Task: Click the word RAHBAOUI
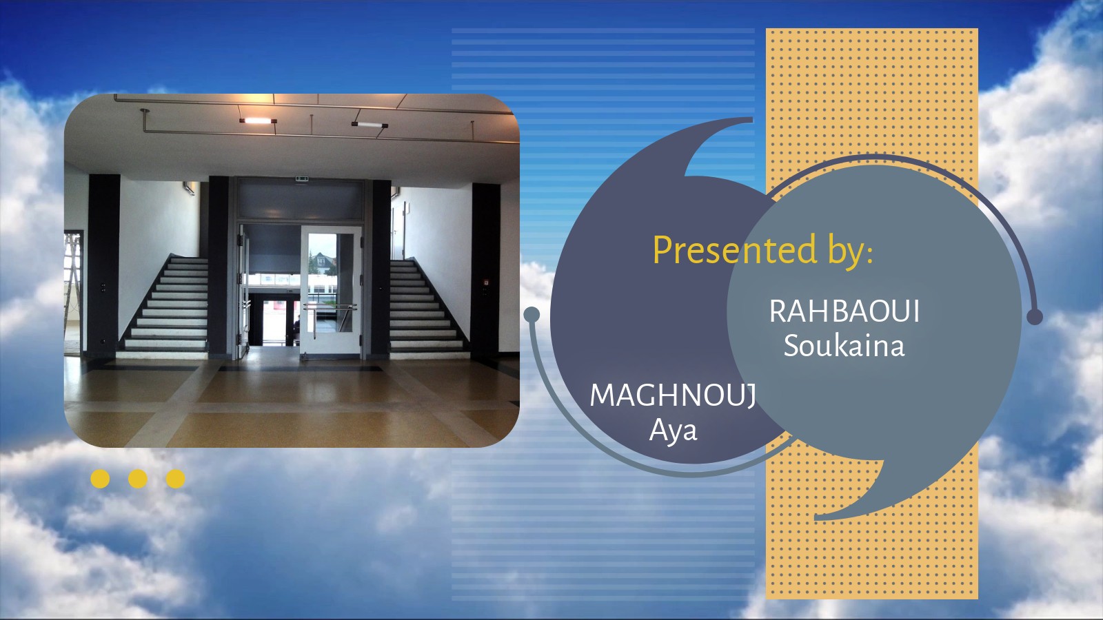844,311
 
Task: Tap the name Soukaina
844,345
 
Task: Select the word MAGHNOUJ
673,395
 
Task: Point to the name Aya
673,430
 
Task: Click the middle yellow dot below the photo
138,479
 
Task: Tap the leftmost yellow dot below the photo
100,479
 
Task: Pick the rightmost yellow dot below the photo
175,479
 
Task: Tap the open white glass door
331,290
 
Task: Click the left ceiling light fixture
258,121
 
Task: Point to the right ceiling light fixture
370,125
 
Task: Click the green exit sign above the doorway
302,178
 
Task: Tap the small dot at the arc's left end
532,314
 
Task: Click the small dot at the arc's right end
1035,317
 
